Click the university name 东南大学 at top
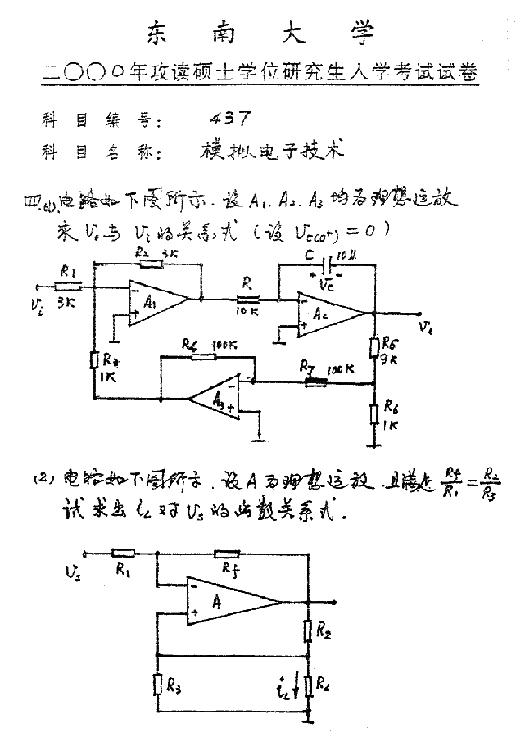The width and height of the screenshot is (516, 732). [x=260, y=33]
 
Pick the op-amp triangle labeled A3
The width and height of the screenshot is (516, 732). [x=215, y=399]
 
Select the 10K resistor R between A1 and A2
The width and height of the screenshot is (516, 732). [x=247, y=300]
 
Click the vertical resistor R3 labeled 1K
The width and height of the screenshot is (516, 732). [x=94, y=360]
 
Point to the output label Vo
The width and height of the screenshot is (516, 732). [x=424, y=326]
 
